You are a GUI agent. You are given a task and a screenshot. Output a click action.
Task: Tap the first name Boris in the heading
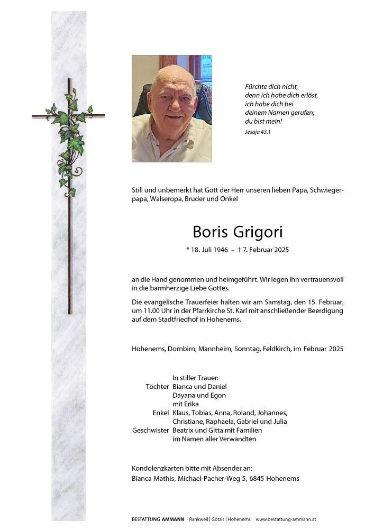coord(209,232)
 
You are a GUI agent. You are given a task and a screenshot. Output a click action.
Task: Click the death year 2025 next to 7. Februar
coord(280,250)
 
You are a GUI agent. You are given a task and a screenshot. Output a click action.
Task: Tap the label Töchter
coord(157,387)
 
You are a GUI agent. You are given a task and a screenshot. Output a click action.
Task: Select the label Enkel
coord(161,413)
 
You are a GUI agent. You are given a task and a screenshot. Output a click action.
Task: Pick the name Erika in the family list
coord(195,404)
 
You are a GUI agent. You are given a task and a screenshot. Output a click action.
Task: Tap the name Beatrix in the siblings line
coord(184,430)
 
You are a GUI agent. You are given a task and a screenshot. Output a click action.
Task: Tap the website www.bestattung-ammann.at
coord(286,519)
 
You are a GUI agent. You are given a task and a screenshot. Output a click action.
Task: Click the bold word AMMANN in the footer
coord(174,519)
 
